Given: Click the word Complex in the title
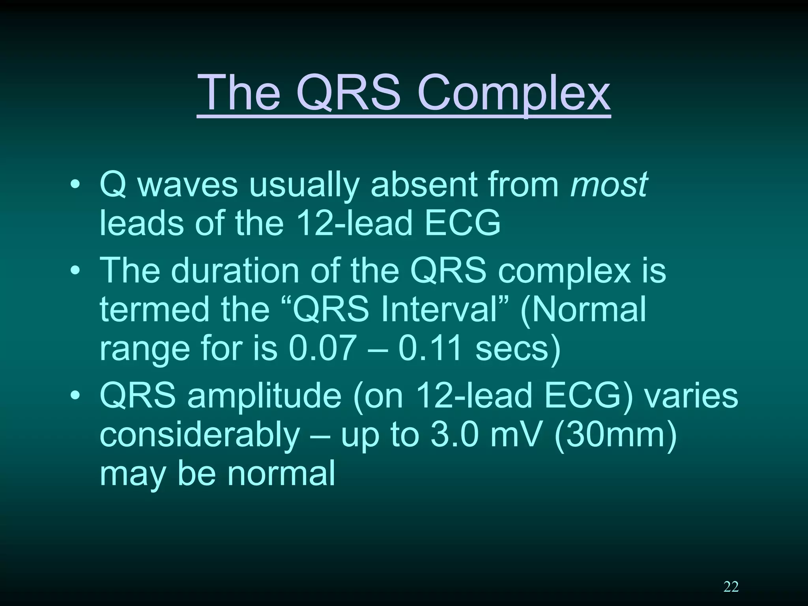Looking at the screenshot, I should (514, 94).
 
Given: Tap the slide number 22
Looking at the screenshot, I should (731, 587).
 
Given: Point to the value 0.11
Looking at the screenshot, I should (430, 348).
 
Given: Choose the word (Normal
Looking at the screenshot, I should (584, 310).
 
